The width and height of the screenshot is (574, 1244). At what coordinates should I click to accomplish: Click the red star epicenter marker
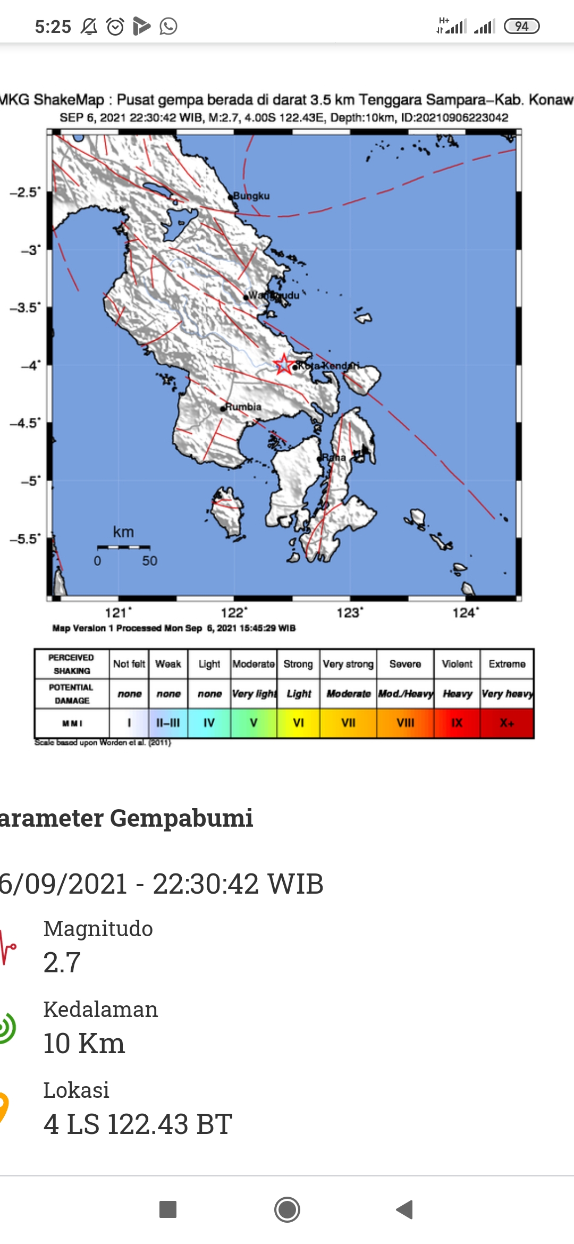coord(284,364)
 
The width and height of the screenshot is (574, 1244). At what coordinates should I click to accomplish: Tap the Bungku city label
coord(251,196)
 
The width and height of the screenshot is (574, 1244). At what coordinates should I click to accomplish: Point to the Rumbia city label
coord(243,407)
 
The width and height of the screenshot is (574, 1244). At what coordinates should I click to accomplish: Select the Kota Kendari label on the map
coord(328,366)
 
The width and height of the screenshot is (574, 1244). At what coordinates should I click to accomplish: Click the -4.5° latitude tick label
coord(24,423)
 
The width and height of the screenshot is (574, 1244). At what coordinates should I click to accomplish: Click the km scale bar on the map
coord(123,547)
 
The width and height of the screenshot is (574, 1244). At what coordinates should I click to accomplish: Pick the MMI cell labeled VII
coord(348,723)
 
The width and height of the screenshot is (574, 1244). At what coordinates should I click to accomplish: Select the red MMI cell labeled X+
coord(507,723)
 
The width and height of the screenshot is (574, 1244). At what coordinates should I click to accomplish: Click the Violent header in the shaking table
coord(457,664)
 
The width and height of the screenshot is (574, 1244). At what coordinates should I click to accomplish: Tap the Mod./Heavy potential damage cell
coord(406,694)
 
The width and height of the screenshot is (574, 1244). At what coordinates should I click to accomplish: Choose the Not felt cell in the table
coord(129,664)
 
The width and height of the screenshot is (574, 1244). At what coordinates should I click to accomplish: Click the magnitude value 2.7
coord(62,962)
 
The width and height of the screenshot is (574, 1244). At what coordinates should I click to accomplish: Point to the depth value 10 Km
coord(84,1043)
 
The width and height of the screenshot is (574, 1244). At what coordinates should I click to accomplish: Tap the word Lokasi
coord(77,1090)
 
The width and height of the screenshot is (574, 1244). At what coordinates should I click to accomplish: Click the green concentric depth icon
coord(6,1027)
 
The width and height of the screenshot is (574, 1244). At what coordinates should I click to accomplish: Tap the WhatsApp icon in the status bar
coord(168,26)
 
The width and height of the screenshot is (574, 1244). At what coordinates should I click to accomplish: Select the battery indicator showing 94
coord(521,26)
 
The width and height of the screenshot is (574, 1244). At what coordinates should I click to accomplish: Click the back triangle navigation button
coord(405,1209)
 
